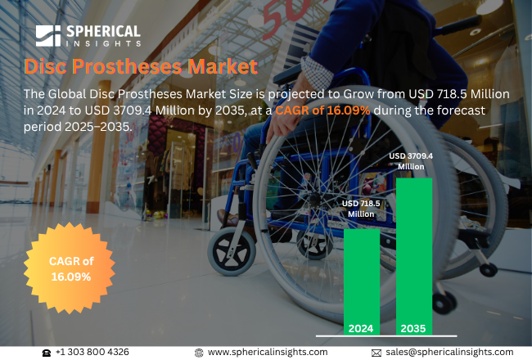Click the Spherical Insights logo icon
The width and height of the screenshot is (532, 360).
[x=47, y=36]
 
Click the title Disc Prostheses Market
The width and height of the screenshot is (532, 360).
[x=142, y=66]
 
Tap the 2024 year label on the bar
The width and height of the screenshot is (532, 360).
[x=361, y=329]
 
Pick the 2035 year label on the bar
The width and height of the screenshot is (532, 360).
[x=414, y=329]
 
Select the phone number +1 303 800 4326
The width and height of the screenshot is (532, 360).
[x=92, y=352]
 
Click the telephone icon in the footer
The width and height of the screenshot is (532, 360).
[x=47, y=352]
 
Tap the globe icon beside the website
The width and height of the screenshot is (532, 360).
[x=199, y=352]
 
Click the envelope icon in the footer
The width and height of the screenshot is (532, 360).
[x=376, y=352]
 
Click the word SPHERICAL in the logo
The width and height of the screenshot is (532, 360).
[x=100, y=30]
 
